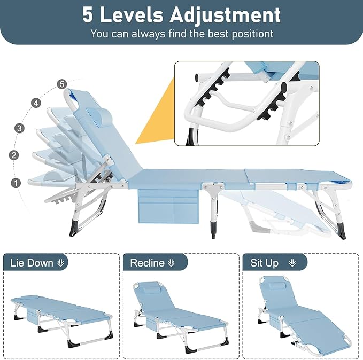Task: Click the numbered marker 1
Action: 16,183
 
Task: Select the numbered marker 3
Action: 20,128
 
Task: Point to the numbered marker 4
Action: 36,103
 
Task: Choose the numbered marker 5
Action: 62,84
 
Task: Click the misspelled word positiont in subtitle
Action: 248,34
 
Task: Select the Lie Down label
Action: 32,263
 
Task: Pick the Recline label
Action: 147,263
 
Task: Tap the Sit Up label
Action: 265,263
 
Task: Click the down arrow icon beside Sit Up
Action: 292,263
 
